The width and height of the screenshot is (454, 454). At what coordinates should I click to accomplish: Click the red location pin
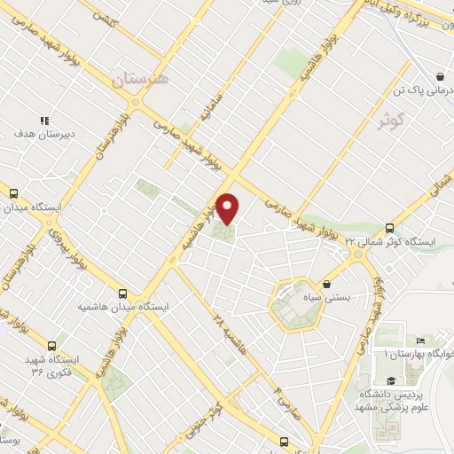tap(228, 207)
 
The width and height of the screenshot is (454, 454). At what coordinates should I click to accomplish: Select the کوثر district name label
tap(395, 118)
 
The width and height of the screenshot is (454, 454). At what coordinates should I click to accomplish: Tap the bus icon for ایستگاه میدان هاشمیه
tap(122, 293)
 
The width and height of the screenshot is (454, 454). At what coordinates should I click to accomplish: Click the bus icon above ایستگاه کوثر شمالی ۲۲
tap(390, 227)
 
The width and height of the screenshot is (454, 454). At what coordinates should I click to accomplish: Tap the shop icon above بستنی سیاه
tap(328, 285)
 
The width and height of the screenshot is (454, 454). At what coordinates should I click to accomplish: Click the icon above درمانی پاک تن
tap(441, 77)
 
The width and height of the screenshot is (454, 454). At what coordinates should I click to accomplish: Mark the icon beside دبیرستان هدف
tap(43, 121)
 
